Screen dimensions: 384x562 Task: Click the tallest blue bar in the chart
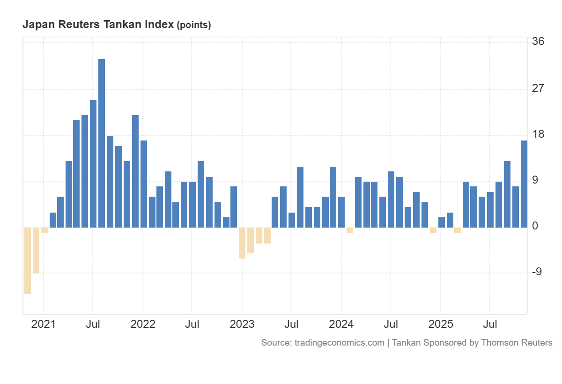pos(102,143)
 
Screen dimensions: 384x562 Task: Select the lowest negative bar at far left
pos(28,260)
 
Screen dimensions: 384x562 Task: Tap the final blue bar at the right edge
pos(524,184)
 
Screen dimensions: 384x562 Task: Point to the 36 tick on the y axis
pos(538,42)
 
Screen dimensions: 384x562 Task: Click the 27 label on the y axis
pos(538,88)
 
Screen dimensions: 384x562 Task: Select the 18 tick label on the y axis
pos(538,134)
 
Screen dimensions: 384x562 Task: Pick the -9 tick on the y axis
pos(537,272)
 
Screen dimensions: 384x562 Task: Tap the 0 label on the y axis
pos(535,226)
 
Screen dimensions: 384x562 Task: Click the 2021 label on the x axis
pos(43,324)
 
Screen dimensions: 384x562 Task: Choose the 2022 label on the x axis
pos(142,324)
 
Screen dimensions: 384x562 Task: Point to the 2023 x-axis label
pos(242,324)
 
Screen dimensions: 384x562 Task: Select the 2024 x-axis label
pos(341,324)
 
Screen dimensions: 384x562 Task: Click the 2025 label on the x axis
pos(441,324)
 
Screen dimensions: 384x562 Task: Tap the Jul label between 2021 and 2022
pos(93,324)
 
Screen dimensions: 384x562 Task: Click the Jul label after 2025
pos(490,324)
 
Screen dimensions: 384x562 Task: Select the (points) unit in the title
pos(193,25)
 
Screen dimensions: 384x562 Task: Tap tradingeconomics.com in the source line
pos(340,343)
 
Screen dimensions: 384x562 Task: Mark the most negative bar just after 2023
pos(242,243)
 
